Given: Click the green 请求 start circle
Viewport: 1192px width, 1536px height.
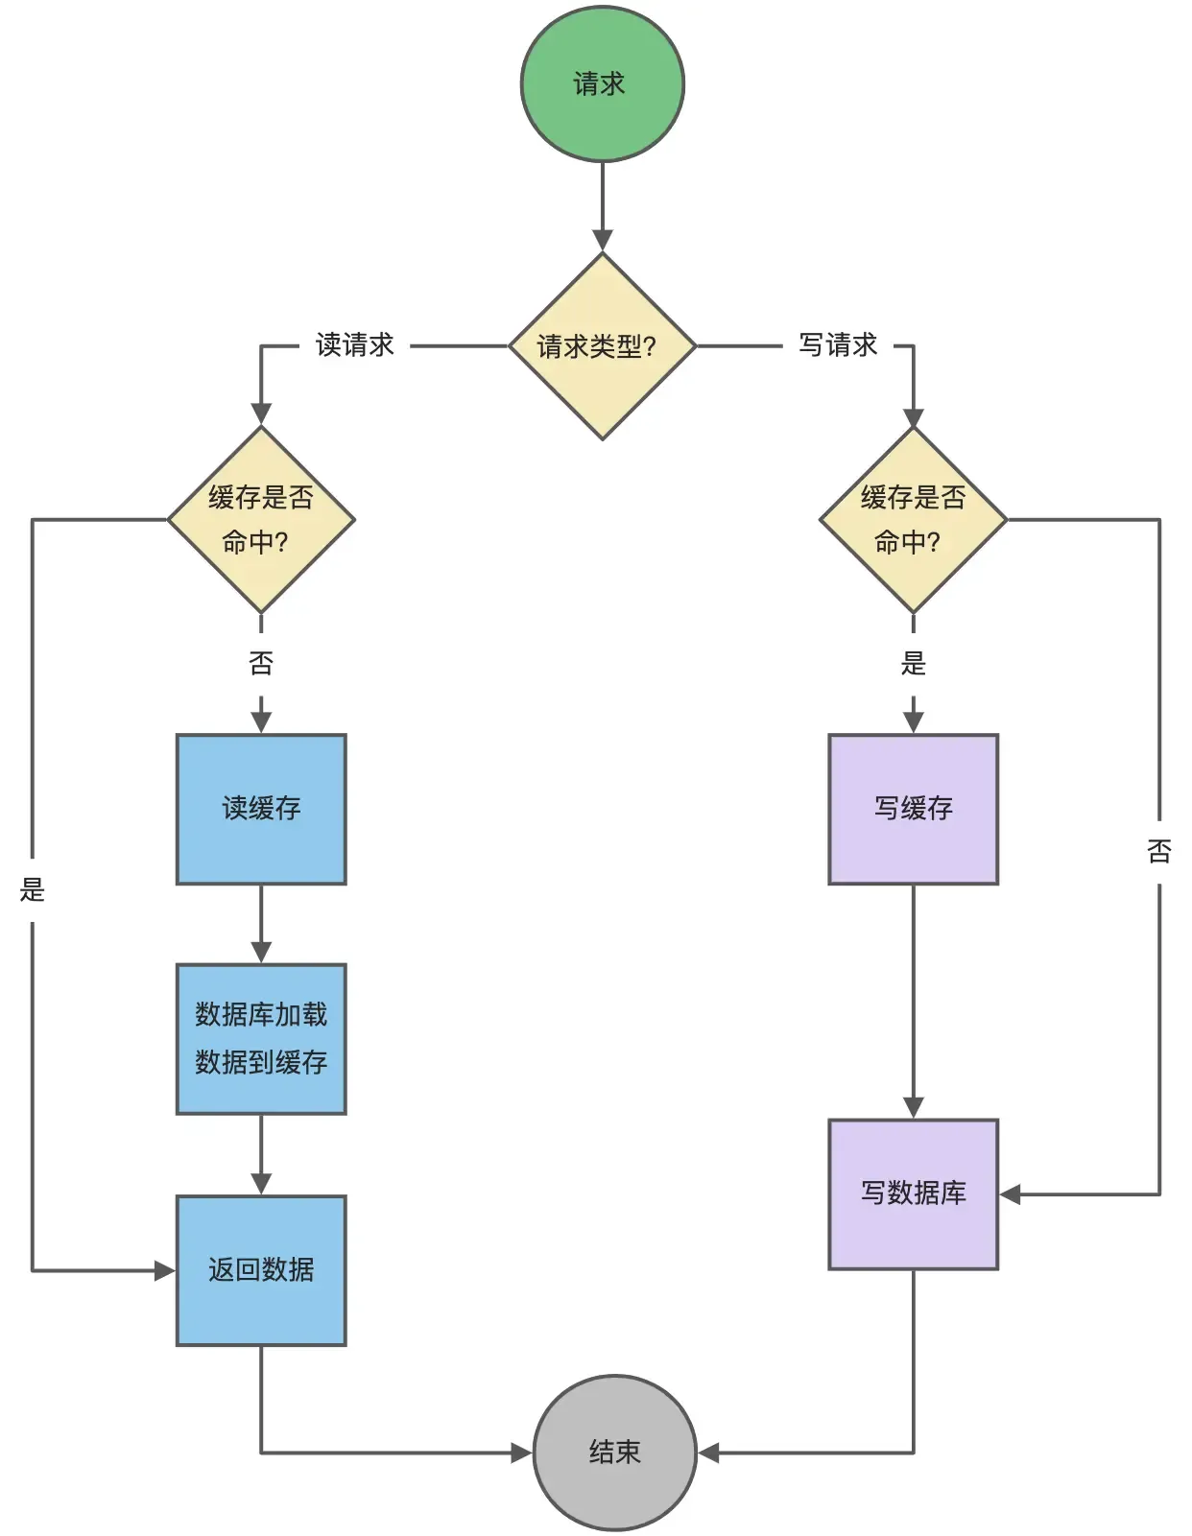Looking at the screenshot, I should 602,84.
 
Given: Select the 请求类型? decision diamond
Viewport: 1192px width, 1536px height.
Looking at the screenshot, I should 602,346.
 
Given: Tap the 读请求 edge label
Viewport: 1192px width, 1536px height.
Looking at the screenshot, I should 354,345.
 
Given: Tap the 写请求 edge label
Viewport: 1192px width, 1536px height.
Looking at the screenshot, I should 838,345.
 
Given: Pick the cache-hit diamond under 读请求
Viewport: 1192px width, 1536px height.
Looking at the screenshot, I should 261,519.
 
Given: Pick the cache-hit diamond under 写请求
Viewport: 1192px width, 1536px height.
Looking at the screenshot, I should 913,519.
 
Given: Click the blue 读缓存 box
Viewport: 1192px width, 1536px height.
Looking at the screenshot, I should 261,809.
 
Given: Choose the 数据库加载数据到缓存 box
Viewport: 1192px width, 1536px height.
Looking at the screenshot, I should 261,1039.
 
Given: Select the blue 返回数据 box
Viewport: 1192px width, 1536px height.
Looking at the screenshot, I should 261,1270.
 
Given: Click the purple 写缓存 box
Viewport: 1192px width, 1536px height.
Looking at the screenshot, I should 913,809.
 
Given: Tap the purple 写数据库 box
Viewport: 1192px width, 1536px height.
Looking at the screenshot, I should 913,1193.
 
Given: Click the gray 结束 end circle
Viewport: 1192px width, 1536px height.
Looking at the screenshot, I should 614,1452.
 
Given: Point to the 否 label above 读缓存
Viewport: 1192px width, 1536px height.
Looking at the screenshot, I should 261,663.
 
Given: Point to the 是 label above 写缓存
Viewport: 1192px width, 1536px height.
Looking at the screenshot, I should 913,663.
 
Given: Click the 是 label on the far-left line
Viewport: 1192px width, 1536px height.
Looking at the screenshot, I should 33,889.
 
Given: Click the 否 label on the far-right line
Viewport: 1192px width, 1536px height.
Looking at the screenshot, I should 1159,851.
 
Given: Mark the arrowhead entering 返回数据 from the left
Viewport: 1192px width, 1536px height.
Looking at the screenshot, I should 165,1271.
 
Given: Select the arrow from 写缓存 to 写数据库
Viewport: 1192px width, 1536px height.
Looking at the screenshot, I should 913,998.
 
